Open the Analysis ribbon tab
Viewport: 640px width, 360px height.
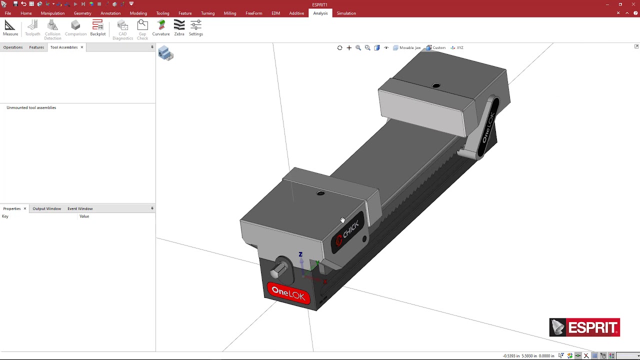(320, 13)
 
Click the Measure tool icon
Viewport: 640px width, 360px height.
(10, 28)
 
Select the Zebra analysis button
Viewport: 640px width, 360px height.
(179, 28)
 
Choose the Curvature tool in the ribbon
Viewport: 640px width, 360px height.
(161, 28)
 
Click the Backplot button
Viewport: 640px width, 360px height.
(97, 28)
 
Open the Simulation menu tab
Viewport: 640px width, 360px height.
(346, 13)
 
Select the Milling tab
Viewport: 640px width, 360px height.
(230, 13)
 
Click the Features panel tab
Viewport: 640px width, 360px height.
(36, 47)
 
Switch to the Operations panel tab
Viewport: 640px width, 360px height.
(13, 47)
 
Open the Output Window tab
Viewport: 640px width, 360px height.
(46, 208)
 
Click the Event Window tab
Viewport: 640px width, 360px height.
(80, 208)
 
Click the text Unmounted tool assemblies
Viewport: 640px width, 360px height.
(31, 107)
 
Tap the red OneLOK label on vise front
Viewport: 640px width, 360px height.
(288, 293)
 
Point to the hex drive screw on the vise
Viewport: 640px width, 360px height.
(279, 270)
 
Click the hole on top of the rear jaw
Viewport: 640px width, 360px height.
(436, 86)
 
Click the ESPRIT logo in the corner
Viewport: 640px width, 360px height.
(584, 327)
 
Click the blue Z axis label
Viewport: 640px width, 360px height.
(300, 254)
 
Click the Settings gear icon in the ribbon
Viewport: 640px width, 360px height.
(196, 28)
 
